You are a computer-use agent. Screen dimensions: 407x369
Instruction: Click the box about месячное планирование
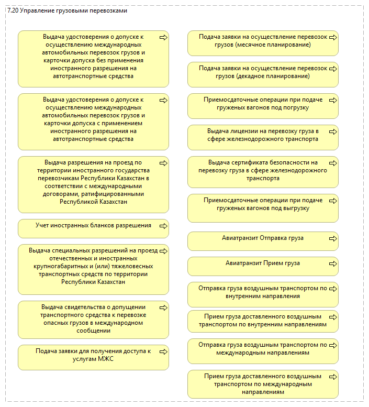coord(263,43)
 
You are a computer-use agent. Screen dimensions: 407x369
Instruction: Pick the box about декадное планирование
coord(263,74)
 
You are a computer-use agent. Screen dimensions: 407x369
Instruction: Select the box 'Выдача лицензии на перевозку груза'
coord(263,137)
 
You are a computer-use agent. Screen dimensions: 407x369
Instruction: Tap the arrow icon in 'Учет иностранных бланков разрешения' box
coord(163,226)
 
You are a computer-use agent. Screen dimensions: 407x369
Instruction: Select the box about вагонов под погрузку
coord(263,106)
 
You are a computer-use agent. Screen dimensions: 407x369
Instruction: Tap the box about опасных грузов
coord(93,320)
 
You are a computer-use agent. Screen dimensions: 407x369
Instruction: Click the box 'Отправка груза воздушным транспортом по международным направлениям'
coord(263,351)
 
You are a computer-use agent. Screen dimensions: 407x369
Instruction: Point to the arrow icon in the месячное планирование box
coord(333,37)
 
